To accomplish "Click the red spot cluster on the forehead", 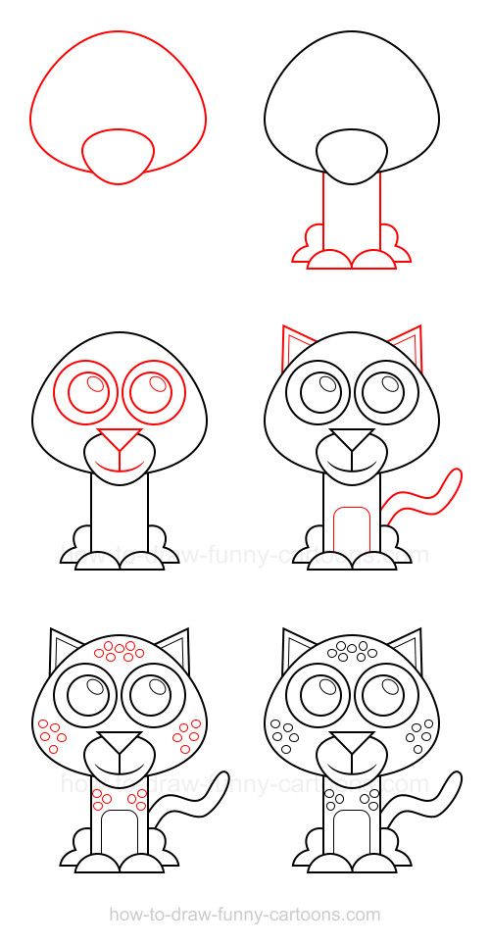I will pos(118,651).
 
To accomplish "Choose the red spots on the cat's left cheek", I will pos(51,732).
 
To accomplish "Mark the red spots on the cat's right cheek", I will pos(186,732).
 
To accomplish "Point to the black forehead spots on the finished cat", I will pos(351,651).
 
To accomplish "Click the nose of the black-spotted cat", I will pos(351,741).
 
